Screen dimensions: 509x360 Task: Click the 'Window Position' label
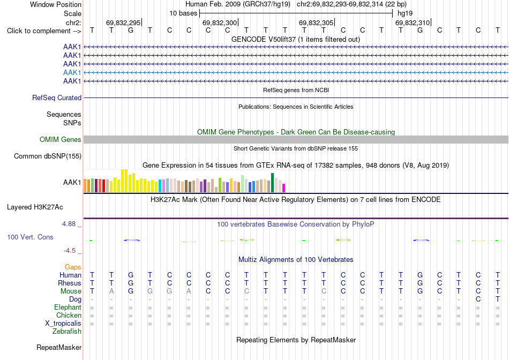tap(56, 4)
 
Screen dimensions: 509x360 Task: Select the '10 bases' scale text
tap(183, 13)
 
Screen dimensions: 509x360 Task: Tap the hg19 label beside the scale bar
tap(405, 13)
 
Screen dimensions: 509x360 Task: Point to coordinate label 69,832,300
tap(220, 22)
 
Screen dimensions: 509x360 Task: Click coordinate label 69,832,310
tap(412, 22)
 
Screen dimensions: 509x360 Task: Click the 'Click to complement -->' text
tap(44, 31)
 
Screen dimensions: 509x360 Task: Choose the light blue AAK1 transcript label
tap(72, 72)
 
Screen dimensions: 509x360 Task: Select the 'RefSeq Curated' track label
tap(57, 97)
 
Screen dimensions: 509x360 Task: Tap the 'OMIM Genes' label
tap(61, 140)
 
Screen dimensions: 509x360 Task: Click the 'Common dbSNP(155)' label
tap(47, 156)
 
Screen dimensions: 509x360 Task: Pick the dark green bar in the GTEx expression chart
tap(272, 183)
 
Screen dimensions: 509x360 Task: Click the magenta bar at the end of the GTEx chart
tap(284, 188)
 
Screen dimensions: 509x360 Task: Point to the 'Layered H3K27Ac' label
tap(35, 207)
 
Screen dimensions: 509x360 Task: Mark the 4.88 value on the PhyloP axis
tap(69, 224)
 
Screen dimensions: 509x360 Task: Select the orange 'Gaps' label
tap(73, 267)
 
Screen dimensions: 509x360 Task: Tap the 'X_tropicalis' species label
tap(63, 324)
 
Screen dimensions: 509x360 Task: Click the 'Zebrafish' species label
tap(67, 332)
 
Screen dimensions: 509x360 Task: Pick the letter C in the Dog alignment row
tap(478, 299)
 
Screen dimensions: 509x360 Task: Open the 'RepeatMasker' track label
tap(59, 347)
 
